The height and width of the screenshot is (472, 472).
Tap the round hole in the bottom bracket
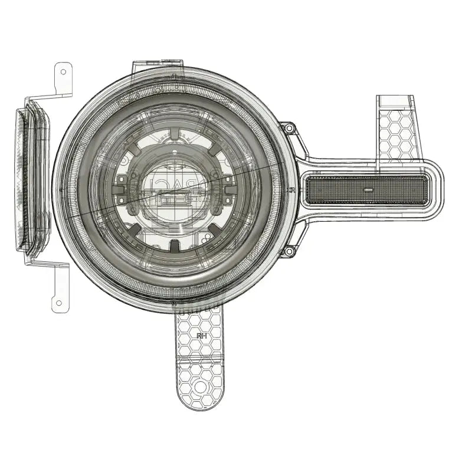[x=200, y=387]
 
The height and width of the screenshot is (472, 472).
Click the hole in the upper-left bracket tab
[x=63, y=71]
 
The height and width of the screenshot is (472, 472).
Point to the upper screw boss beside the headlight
[x=288, y=129]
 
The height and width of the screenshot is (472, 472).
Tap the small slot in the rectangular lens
[x=367, y=191]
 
